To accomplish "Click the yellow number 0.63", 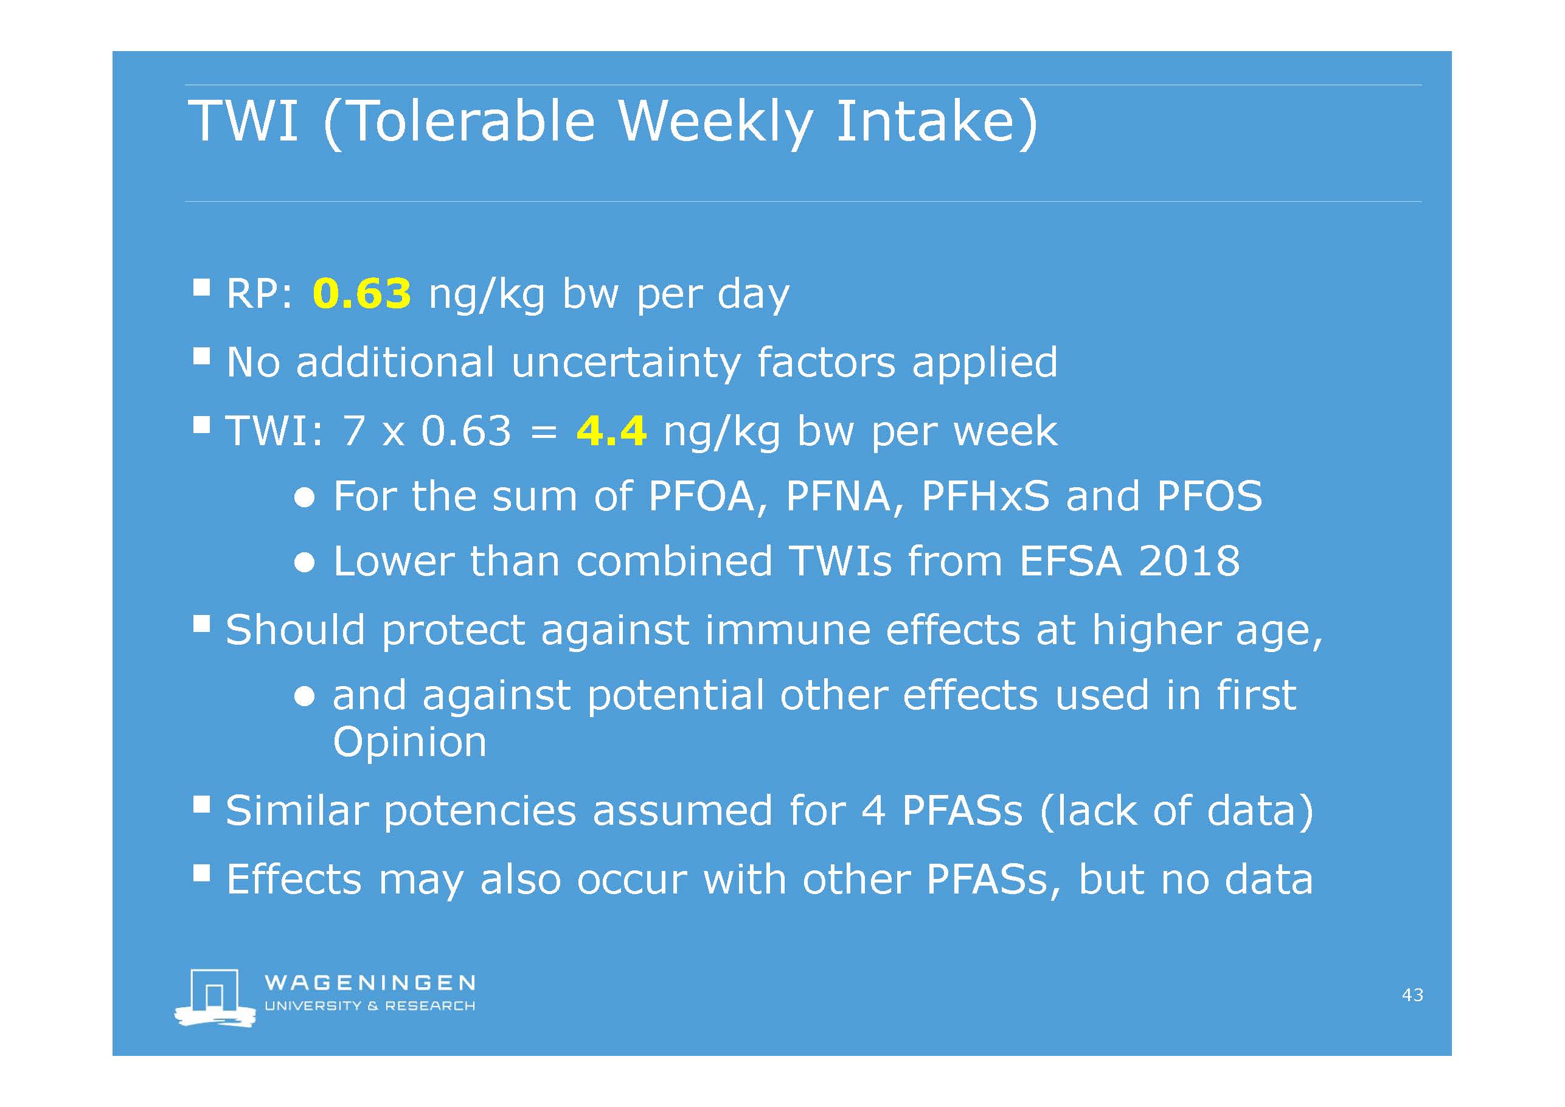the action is coord(361,293).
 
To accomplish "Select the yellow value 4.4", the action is coord(611,431).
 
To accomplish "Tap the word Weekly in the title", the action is coord(715,123).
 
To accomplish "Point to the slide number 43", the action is coord(1412,994).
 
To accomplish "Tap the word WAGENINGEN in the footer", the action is coord(369,982).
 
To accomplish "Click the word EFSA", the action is coord(1070,561).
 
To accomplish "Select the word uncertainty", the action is coord(626,362).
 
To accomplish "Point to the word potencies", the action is coord(480,811).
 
